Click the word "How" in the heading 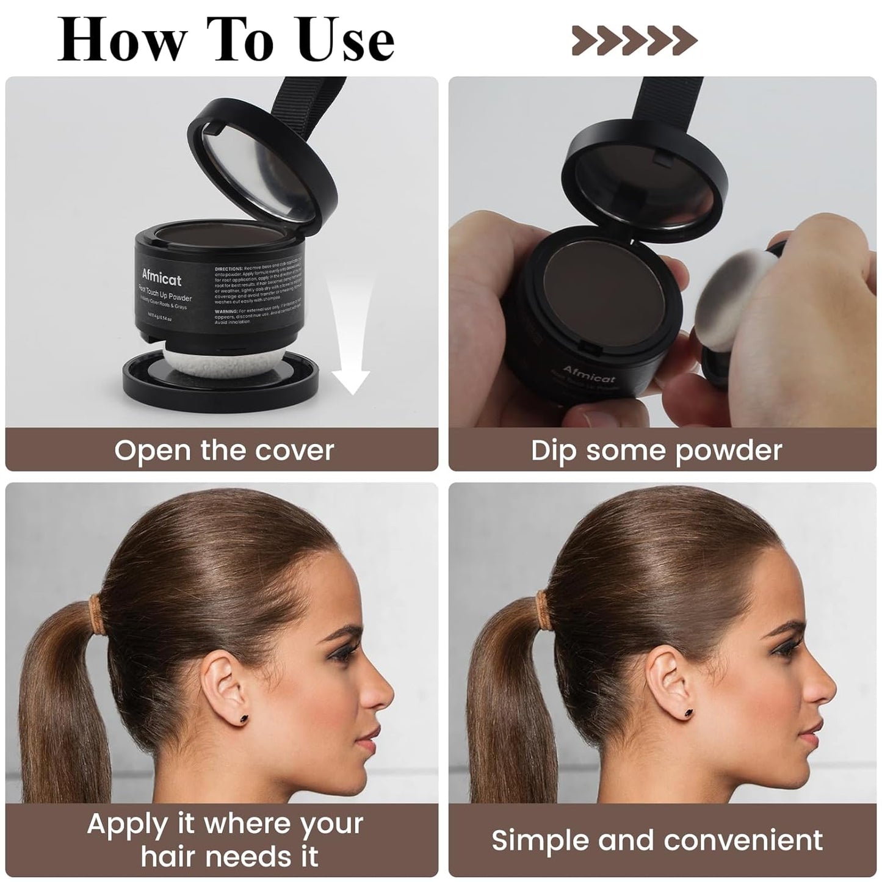(x=122, y=40)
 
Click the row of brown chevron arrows (x=634, y=40)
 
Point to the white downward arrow (x=350, y=342)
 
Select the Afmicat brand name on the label (x=162, y=278)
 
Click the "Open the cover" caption (x=223, y=450)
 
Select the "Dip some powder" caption (x=656, y=450)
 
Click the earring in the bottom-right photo (x=689, y=712)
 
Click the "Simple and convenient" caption (x=657, y=840)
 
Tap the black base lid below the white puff (x=220, y=381)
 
